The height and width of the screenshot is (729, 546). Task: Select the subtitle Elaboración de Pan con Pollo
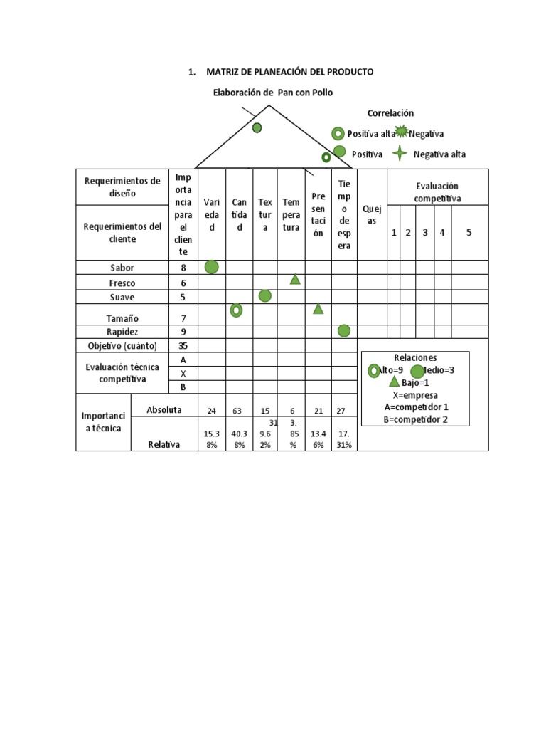point(273,93)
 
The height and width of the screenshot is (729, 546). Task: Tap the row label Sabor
point(122,268)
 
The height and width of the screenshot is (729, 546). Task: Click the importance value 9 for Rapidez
point(183,331)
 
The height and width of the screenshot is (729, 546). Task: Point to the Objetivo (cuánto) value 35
point(183,345)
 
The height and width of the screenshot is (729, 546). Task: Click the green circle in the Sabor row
point(211,267)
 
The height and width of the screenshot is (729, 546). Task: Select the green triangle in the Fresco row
point(295,280)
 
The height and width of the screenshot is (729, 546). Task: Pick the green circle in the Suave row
point(265,295)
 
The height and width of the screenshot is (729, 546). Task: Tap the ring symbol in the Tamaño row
point(236,310)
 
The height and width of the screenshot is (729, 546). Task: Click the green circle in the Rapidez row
point(344,330)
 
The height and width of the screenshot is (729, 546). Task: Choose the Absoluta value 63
point(239,411)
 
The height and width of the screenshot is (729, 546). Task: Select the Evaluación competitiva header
point(437,192)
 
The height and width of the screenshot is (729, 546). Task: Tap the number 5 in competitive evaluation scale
point(469,233)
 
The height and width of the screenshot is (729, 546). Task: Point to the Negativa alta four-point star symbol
point(401,153)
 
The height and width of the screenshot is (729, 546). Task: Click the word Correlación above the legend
point(390,113)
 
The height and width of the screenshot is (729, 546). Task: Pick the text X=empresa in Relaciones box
point(415,395)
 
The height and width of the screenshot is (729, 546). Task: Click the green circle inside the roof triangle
point(257,127)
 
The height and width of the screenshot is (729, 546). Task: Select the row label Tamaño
point(122,318)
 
